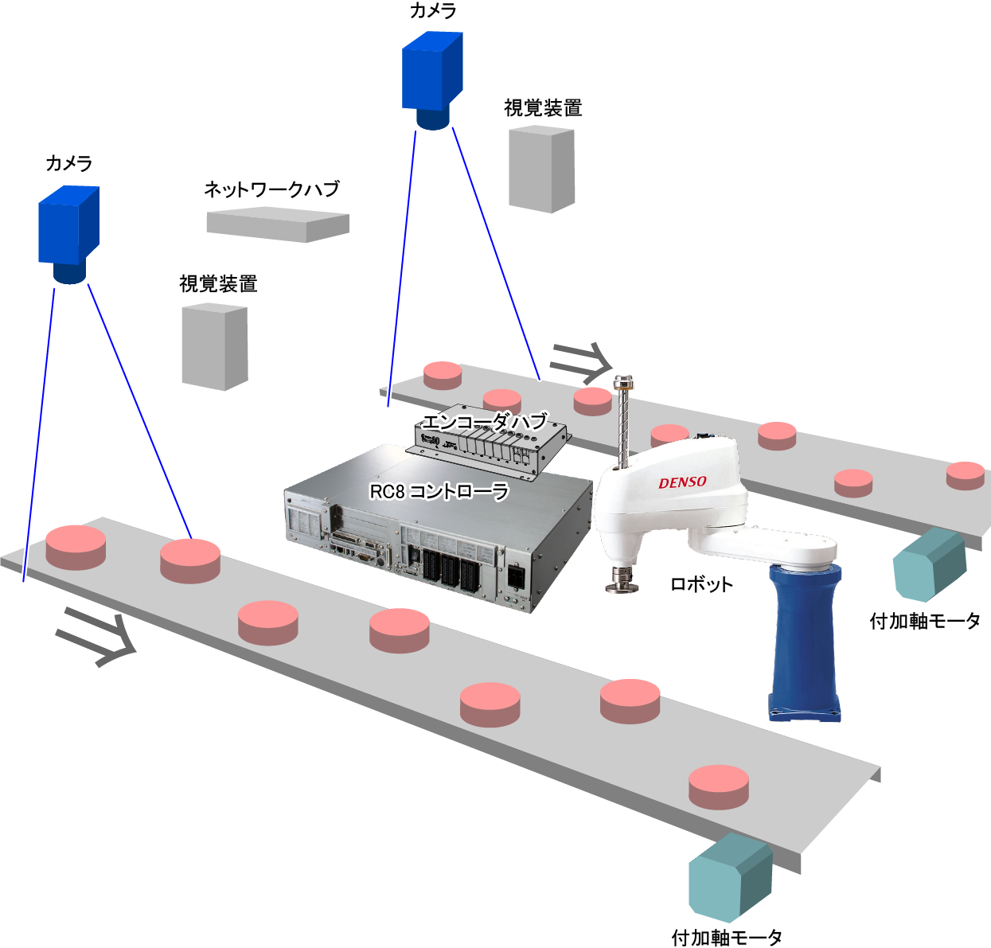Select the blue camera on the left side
coord(69,232)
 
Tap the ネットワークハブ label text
coord(271,189)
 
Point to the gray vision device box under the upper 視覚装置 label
coord(541,170)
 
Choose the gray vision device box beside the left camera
coord(215,346)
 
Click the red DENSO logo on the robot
coord(682,482)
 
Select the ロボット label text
coord(701,584)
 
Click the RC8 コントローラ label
coord(439,491)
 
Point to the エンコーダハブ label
coord(484,421)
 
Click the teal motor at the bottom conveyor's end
coord(729,880)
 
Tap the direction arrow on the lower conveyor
coord(96,636)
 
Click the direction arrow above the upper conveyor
coord(581,361)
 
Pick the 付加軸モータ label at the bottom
coord(727,938)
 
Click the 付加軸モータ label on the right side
coord(925,621)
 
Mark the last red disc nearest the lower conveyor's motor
coord(719,786)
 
